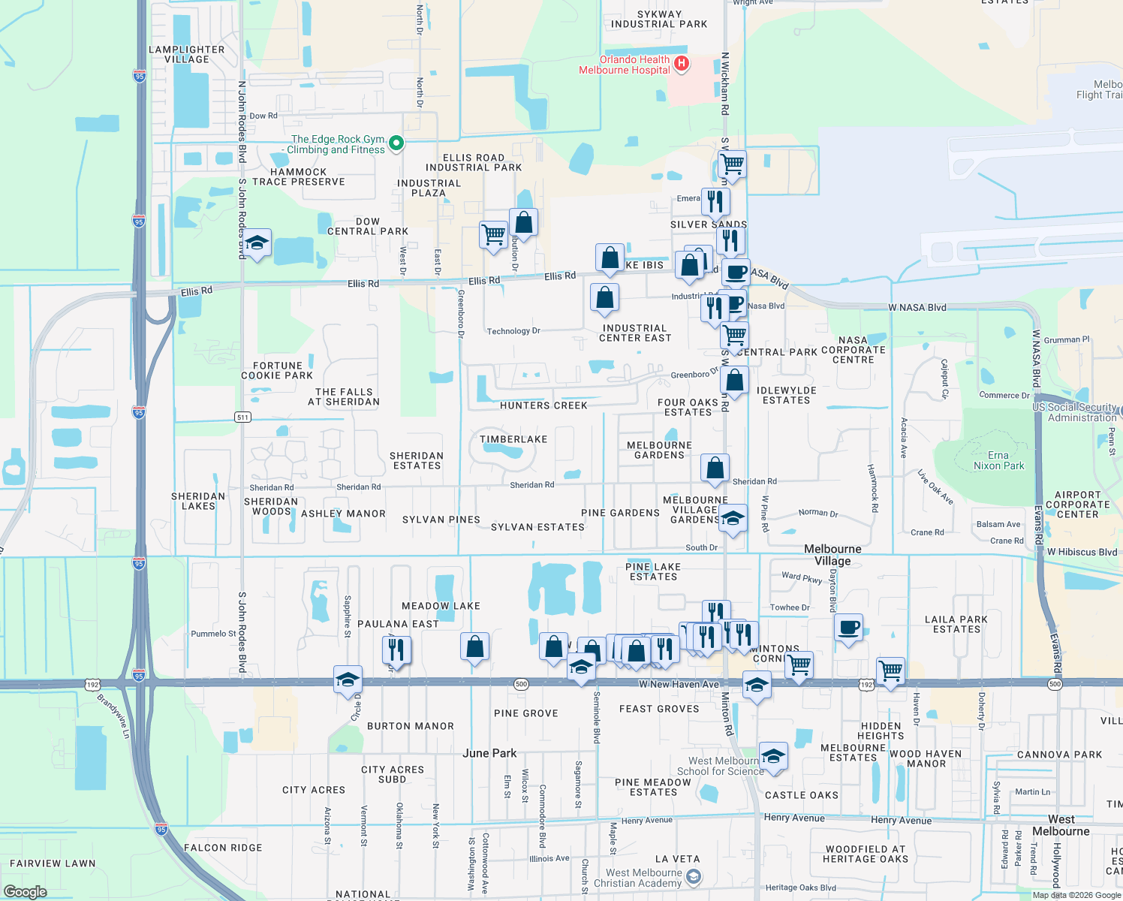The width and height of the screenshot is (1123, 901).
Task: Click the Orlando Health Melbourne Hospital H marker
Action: point(682,64)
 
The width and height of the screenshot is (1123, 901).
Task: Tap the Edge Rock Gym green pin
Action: point(397,143)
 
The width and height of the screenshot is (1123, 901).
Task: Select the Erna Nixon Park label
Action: point(998,460)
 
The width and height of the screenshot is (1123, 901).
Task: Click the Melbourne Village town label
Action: point(832,555)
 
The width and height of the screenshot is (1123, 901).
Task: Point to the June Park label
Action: point(489,753)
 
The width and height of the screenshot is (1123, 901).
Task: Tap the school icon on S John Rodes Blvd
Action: point(257,243)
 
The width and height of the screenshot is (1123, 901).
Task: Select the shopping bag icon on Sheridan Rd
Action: point(715,469)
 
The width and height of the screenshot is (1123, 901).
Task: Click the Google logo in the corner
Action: point(25,892)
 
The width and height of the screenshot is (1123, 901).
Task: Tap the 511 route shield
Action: point(242,417)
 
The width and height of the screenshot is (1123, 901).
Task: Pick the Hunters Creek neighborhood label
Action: point(543,405)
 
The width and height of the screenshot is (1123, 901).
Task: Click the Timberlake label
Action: point(513,439)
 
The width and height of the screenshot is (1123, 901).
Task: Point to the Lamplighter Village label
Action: point(187,54)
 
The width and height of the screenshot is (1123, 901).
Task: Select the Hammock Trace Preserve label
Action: point(298,176)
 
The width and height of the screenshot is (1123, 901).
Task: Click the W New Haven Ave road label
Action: point(679,684)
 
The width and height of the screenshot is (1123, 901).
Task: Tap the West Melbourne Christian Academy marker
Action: point(694,876)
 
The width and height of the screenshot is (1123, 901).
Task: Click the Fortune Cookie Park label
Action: point(277,370)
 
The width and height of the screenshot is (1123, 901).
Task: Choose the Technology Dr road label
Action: point(513,331)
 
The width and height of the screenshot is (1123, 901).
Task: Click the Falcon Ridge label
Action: point(223,848)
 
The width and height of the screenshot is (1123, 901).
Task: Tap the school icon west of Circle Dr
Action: point(348,680)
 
